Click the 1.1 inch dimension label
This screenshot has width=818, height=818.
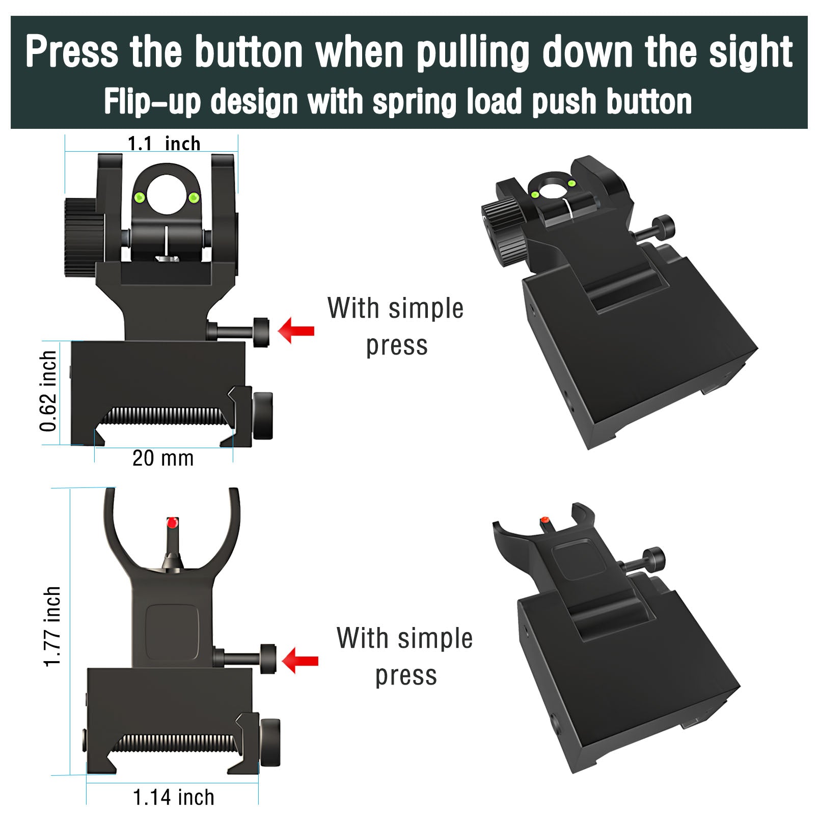point(163,144)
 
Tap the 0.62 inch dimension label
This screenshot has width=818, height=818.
point(48,391)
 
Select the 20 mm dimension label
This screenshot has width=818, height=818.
point(163,458)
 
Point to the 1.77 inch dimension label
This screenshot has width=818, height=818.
point(52,626)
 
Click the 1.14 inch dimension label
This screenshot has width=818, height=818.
point(173,797)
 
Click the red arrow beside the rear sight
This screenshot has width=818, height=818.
point(296,331)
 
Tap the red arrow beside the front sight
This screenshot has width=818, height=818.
point(300,661)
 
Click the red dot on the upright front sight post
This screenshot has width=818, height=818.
point(172,522)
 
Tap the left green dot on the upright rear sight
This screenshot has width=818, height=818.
point(138,197)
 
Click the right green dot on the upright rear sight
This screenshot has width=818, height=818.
point(194,197)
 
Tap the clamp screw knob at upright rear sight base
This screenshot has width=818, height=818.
point(263,416)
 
